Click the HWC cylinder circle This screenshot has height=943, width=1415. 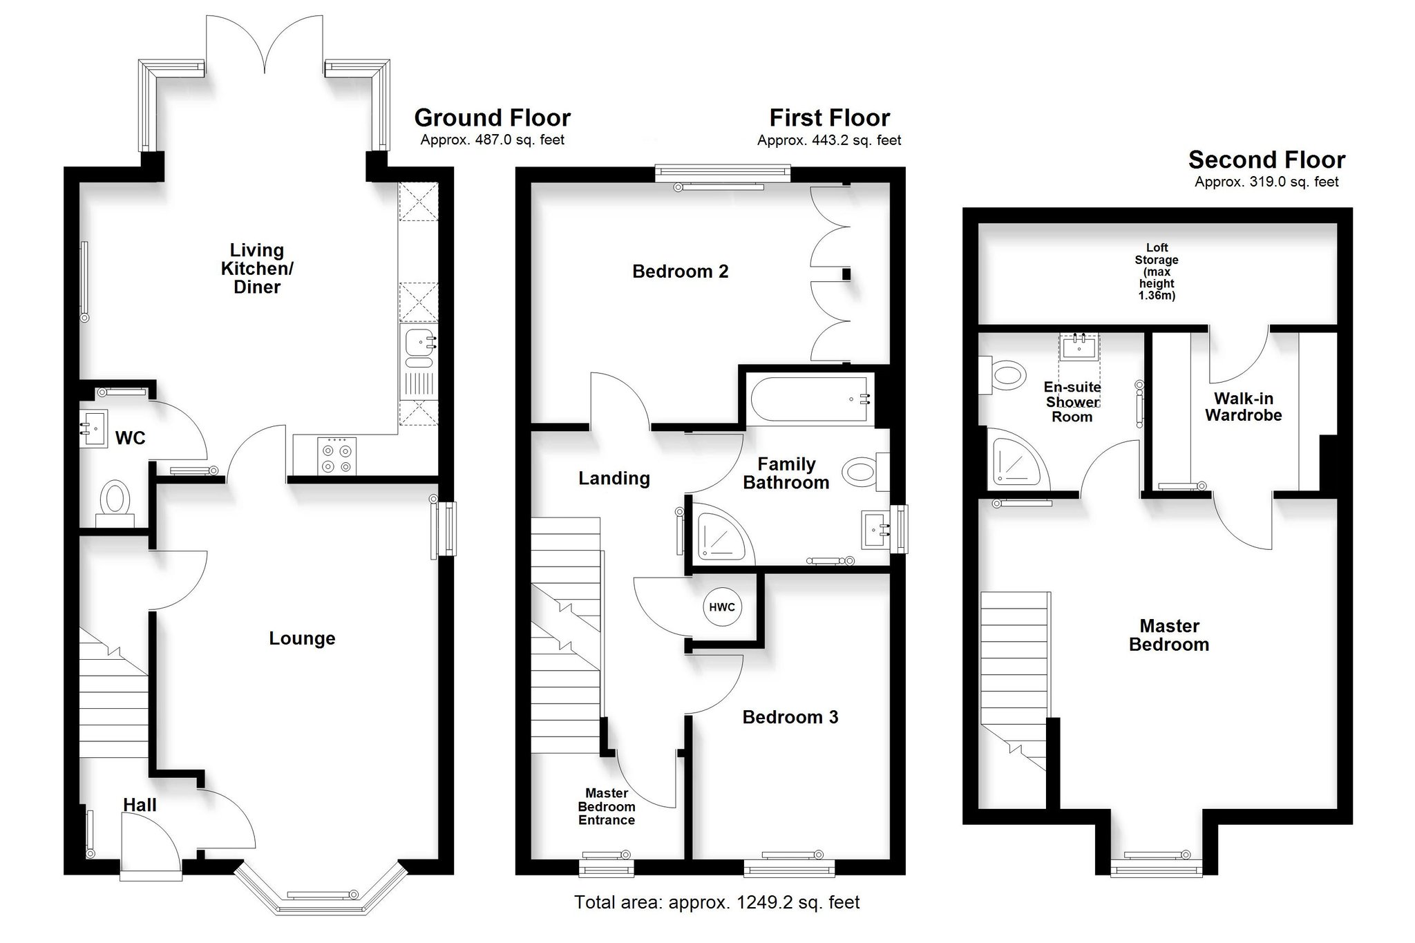(x=722, y=607)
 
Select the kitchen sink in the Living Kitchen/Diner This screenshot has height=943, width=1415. (x=419, y=348)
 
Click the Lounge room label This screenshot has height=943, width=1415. (x=302, y=638)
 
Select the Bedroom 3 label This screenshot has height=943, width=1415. (x=790, y=717)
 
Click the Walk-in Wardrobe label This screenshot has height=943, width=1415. (x=1244, y=407)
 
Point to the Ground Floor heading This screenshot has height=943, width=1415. (x=492, y=117)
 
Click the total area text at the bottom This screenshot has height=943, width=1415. (x=717, y=902)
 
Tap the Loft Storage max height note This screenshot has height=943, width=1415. (x=1157, y=272)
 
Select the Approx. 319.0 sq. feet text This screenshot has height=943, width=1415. (x=1266, y=182)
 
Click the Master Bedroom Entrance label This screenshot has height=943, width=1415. (x=607, y=807)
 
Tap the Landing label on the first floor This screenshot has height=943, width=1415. (x=614, y=479)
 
